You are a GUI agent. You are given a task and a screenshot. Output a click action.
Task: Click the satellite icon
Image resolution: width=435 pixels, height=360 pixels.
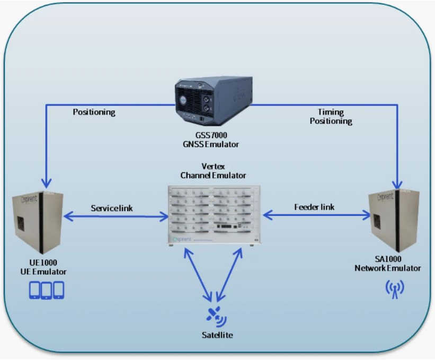pos(215,316)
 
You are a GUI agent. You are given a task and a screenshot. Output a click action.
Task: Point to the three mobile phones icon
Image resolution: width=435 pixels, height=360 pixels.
pos(46,289)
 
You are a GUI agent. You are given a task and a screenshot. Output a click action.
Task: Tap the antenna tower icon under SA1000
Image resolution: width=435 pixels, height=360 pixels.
pos(394,289)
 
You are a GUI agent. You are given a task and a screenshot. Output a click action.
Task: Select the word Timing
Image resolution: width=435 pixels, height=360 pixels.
pos(331,112)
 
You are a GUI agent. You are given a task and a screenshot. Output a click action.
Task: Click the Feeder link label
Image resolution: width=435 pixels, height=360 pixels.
pos(314,207)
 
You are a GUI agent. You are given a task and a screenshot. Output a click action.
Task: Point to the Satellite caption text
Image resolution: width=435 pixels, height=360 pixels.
pos(217,335)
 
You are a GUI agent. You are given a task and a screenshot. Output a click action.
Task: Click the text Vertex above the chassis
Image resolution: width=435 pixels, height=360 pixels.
pos(217,166)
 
